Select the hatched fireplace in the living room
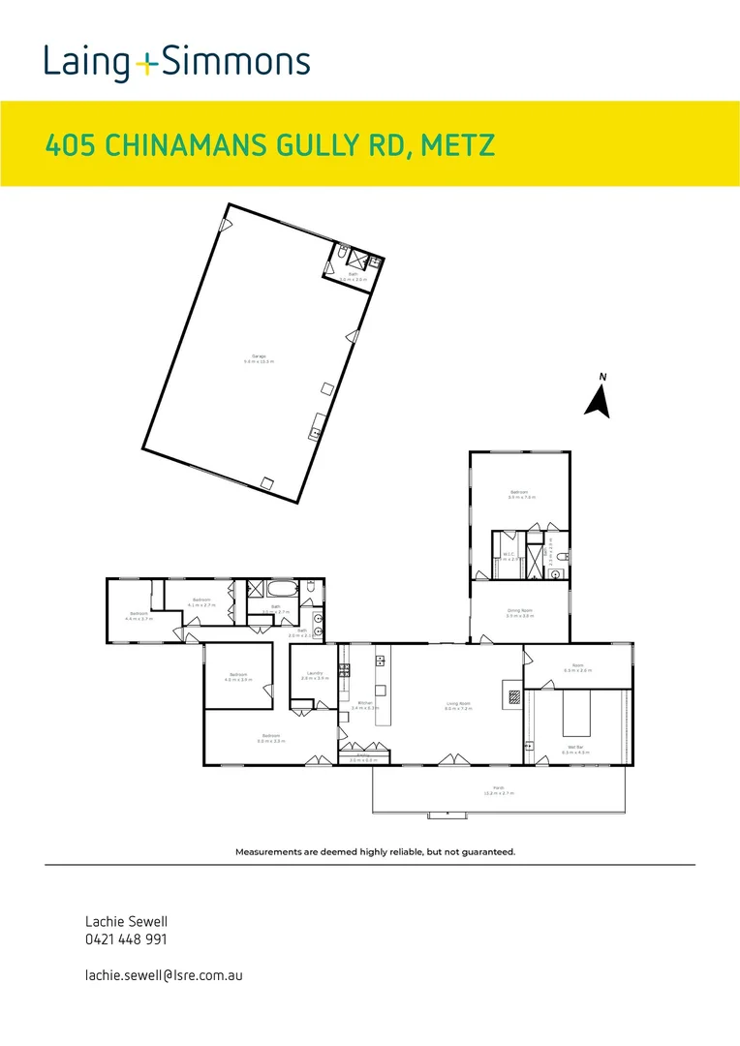click(514, 695)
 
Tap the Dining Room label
click(520, 611)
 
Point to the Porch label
click(499, 789)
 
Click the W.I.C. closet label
click(508, 555)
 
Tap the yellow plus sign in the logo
click(146, 65)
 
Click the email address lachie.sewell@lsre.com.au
click(164, 974)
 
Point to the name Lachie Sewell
click(120, 922)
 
